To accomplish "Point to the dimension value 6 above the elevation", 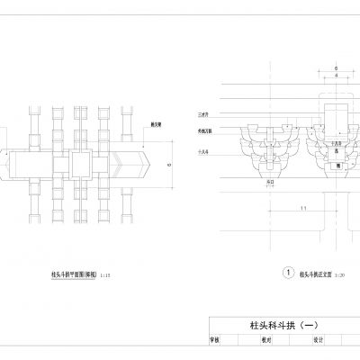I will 336,68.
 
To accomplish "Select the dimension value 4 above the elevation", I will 336,76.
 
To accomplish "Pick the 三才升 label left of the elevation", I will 202,116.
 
